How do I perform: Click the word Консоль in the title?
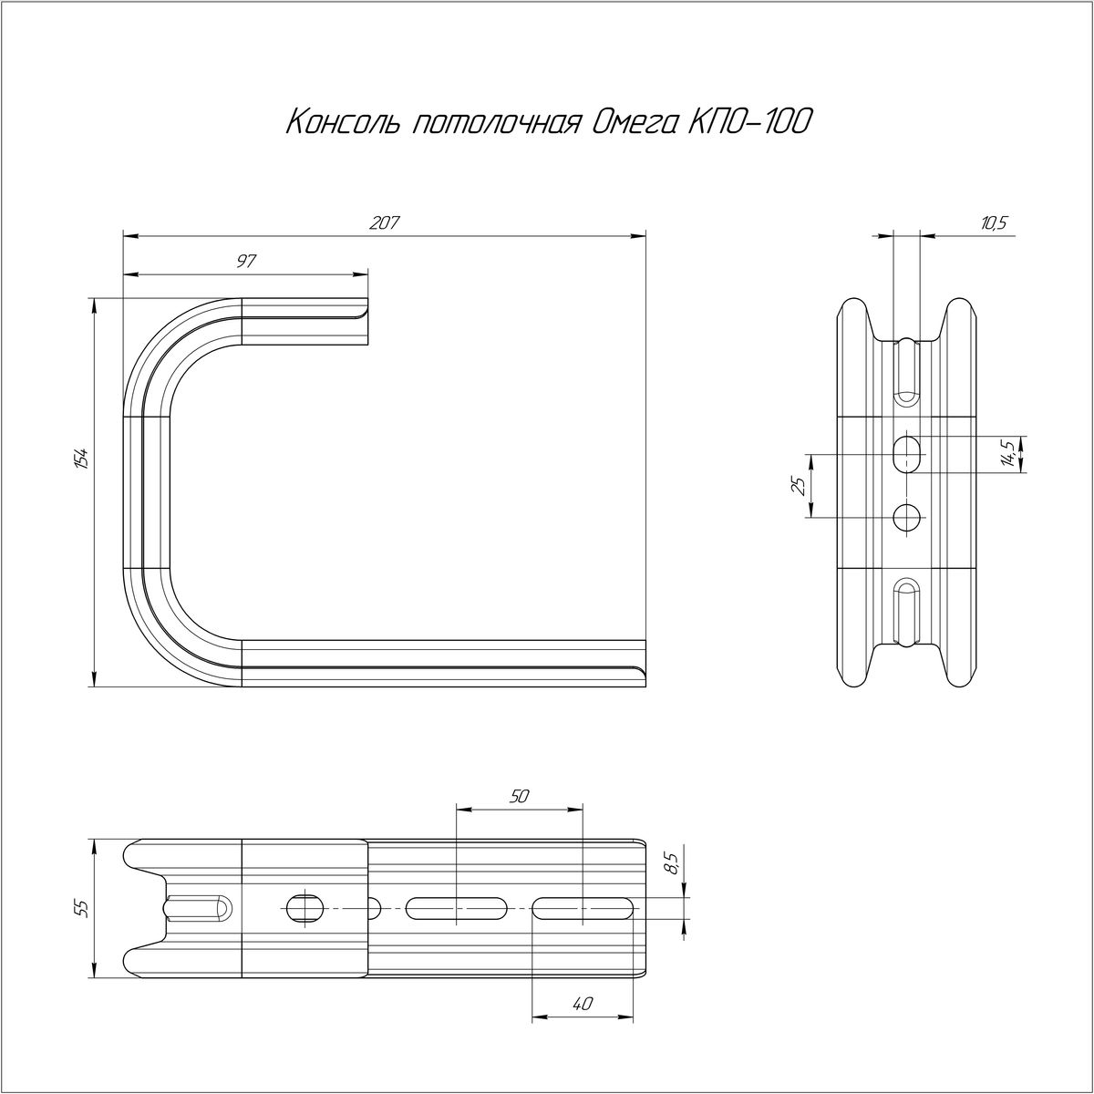344,122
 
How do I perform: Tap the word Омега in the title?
633,124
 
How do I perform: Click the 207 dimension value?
385,223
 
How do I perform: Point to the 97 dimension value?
246,261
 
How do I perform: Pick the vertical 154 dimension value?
83,459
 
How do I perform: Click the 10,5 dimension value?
993,223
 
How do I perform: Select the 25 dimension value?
800,487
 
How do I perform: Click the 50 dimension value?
519,797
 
